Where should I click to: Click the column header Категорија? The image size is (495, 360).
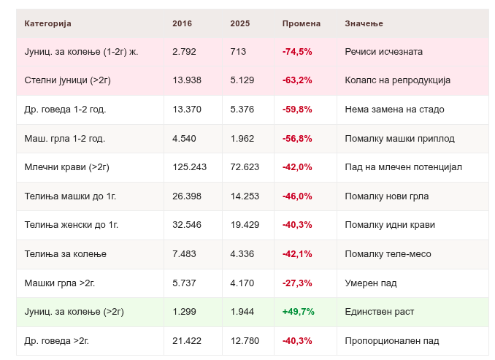[x=47, y=23]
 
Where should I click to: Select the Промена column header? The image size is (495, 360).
[x=302, y=23]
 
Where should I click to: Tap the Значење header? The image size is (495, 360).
[x=364, y=23]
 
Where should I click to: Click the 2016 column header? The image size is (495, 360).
[x=182, y=23]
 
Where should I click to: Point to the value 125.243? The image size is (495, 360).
[x=189, y=167]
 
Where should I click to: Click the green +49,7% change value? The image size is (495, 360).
[x=298, y=312]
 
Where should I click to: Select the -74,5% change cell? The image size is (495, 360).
[x=297, y=52]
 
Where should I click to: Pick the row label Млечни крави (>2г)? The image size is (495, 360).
[x=66, y=167]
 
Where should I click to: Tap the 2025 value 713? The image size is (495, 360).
[x=238, y=52]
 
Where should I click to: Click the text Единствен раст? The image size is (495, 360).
[x=379, y=312]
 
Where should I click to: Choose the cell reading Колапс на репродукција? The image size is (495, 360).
[x=397, y=80]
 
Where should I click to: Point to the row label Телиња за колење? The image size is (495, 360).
[x=66, y=254]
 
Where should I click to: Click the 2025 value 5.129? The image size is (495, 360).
[x=242, y=80]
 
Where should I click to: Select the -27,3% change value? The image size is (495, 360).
[x=297, y=283]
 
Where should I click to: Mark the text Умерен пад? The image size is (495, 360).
[x=371, y=283]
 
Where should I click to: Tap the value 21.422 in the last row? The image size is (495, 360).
[x=187, y=341]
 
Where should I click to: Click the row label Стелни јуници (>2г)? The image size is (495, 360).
[x=68, y=80]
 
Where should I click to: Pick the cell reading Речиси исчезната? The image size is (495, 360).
[x=383, y=52]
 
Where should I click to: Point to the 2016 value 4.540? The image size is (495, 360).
[x=184, y=139]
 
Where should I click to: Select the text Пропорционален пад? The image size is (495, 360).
[x=392, y=341]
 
